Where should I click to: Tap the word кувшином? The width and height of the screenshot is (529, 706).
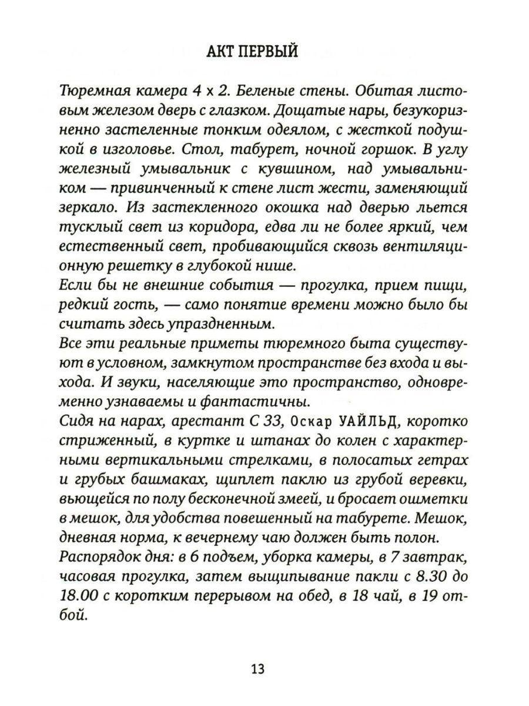[x=302, y=169]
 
